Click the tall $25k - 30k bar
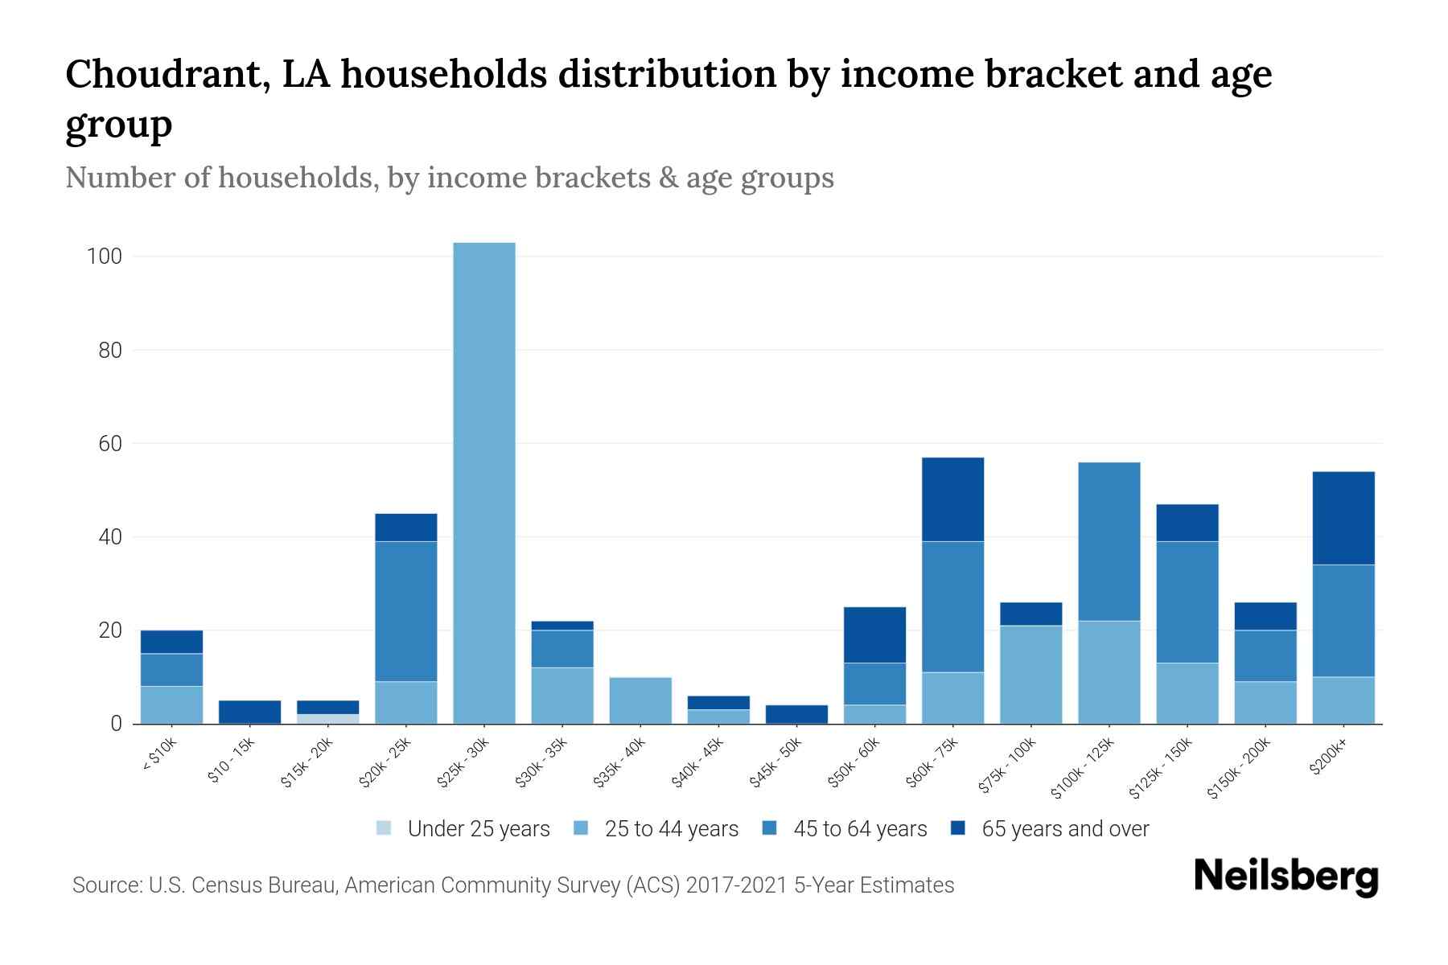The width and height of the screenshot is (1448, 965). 484,482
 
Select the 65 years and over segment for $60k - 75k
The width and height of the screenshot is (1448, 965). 952,499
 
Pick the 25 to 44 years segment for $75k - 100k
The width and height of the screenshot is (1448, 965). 1030,675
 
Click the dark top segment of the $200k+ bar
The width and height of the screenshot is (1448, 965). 1343,518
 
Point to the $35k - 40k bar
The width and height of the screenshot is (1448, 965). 640,700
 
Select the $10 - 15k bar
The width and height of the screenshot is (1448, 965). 249,712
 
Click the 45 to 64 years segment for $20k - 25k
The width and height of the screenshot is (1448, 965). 406,611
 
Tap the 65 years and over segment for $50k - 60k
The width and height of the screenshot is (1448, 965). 874,634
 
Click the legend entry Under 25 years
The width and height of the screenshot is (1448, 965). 478,829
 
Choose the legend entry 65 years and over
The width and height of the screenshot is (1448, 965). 1064,829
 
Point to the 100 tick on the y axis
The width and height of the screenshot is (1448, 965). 105,257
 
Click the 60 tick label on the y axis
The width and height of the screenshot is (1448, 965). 110,444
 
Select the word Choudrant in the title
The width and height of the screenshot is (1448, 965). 158,74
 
